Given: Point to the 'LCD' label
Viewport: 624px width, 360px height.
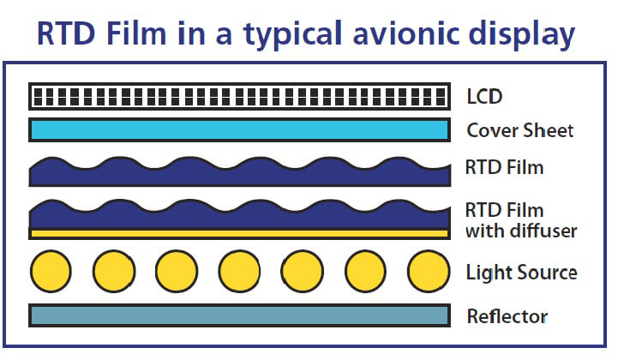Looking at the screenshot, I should coord(484,95).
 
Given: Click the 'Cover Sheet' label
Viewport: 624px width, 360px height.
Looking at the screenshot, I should coord(519,130).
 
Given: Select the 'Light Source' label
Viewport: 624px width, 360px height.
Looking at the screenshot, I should coord(521,273).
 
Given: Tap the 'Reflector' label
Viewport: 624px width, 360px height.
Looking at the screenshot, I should coord(507,316).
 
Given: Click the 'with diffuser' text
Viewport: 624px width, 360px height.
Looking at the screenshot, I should coord(521,231).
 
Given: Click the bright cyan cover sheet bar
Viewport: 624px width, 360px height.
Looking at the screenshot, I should coord(239,130).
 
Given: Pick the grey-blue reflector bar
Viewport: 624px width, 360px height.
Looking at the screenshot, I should coord(239,315).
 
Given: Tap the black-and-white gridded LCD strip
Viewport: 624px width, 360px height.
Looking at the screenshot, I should coord(239,95).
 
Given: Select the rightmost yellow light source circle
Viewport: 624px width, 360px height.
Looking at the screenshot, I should coord(429,273).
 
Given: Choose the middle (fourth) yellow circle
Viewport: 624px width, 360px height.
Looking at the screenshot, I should coord(240,273).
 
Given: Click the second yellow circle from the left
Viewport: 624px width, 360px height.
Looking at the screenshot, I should coord(114,273).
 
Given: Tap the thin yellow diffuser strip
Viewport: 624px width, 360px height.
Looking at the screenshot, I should coord(239,233).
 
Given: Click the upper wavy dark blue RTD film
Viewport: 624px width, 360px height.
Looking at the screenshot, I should coord(239,171).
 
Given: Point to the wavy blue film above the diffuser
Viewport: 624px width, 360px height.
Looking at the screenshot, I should coord(239,216).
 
